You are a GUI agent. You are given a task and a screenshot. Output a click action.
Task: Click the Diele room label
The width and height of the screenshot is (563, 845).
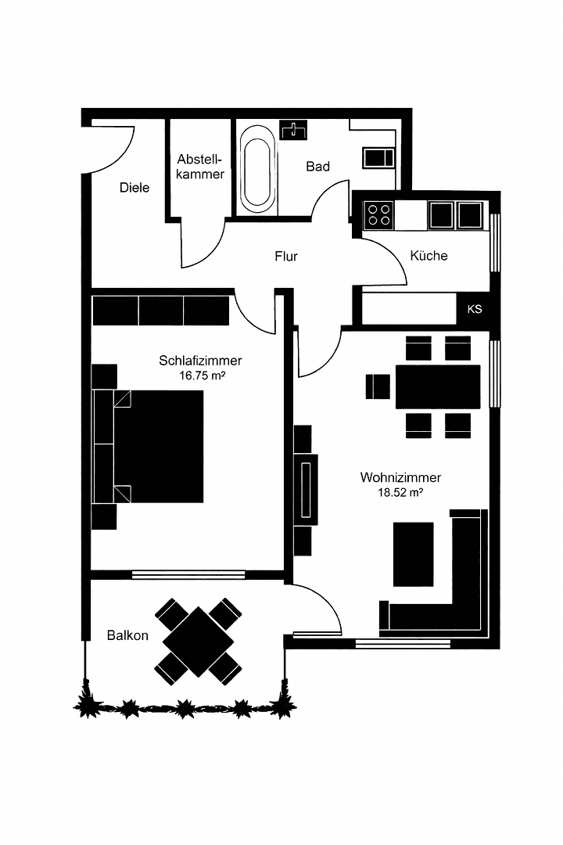[x=134, y=188]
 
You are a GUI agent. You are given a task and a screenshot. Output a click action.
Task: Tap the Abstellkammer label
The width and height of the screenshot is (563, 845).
[x=200, y=166]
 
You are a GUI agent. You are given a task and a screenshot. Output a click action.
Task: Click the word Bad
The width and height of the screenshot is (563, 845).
[x=317, y=166]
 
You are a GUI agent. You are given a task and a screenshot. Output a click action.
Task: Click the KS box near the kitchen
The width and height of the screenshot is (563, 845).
[x=475, y=309]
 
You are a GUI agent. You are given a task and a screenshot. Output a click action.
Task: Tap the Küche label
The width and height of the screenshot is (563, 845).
[x=429, y=256]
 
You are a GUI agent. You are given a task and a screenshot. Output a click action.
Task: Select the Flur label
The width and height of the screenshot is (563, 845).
[x=286, y=256]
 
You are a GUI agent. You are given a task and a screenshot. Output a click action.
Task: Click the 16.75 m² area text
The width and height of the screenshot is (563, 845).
[x=202, y=376]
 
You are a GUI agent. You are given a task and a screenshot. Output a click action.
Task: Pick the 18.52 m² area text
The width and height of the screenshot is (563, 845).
[x=400, y=493]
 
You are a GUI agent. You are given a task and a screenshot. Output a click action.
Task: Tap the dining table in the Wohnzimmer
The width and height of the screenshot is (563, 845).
[x=438, y=387]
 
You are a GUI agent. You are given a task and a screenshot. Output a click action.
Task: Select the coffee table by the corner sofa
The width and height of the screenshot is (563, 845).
[x=413, y=554]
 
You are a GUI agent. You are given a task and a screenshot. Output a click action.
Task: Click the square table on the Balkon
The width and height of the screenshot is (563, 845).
[x=199, y=642]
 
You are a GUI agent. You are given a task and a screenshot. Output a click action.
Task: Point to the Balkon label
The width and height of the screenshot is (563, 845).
[x=127, y=635]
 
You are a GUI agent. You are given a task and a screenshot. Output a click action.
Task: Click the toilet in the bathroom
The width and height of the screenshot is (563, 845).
[x=379, y=156]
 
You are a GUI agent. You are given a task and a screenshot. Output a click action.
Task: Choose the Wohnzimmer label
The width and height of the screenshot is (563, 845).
[x=400, y=477]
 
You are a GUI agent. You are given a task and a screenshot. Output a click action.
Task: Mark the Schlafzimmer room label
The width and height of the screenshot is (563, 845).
[x=200, y=361]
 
